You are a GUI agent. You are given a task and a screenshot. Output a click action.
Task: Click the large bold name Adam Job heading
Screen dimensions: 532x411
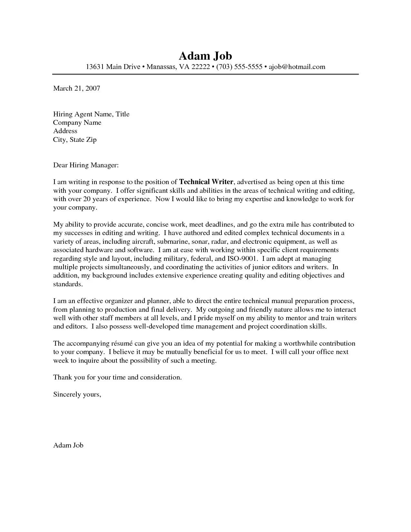(205, 56)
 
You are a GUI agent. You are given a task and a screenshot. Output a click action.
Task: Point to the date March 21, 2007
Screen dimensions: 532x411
(77, 88)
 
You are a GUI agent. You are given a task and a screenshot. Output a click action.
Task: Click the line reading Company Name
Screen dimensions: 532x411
(77, 123)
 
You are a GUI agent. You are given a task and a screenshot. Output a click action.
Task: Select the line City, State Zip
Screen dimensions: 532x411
(75, 140)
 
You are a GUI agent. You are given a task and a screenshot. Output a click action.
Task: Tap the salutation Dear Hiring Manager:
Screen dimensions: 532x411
(86, 165)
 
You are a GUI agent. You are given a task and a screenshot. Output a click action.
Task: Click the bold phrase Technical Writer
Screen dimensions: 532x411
(206, 182)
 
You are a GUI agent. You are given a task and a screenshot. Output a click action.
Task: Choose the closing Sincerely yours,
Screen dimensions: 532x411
(77, 394)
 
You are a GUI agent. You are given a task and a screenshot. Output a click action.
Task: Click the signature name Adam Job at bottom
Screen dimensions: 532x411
(68, 445)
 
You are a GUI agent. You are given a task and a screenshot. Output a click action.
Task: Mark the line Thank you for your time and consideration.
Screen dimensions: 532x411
(117, 377)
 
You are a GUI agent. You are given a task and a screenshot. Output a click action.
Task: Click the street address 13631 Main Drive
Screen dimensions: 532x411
(113, 67)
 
